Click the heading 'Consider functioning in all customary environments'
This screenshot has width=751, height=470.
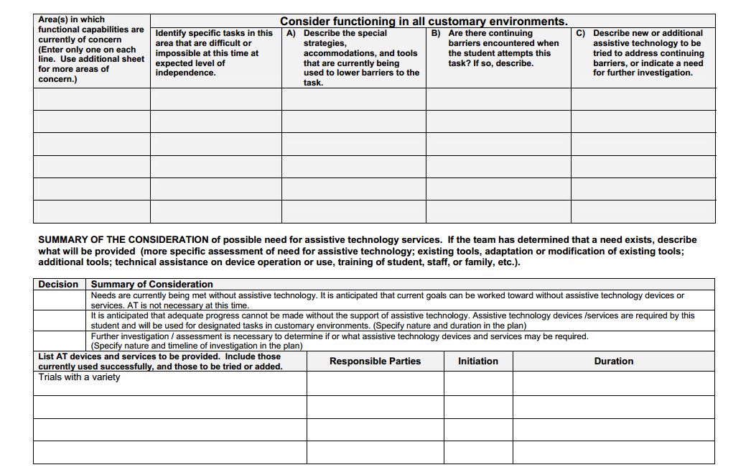[x=424, y=22]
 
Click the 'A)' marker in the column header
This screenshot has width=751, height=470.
[x=291, y=33]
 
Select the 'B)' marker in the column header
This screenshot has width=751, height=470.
[x=435, y=33]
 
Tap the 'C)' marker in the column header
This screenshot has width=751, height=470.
[x=580, y=33]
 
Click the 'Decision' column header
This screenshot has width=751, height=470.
[x=58, y=284]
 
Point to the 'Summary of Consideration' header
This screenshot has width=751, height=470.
[x=151, y=284]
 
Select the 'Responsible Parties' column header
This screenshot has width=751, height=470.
[x=375, y=361]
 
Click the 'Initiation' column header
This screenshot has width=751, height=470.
[x=477, y=361]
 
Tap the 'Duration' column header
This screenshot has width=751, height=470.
[x=613, y=361]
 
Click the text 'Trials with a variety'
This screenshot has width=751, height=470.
[x=79, y=377]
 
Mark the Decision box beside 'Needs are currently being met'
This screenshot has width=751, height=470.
[x=61, y=300]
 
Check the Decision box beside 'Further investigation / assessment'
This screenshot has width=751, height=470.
[x=61, y=341]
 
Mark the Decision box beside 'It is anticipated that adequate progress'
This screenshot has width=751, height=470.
[x=61, y=320]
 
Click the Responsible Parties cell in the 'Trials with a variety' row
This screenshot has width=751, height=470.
[x=375, y=383]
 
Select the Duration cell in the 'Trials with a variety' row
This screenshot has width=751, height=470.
[x=613, y=383]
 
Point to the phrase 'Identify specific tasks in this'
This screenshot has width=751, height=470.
[x=214, y=33]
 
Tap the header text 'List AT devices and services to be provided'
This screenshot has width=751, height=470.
[x=159, y=356]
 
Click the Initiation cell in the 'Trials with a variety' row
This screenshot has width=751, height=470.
[x=477, y=383]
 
